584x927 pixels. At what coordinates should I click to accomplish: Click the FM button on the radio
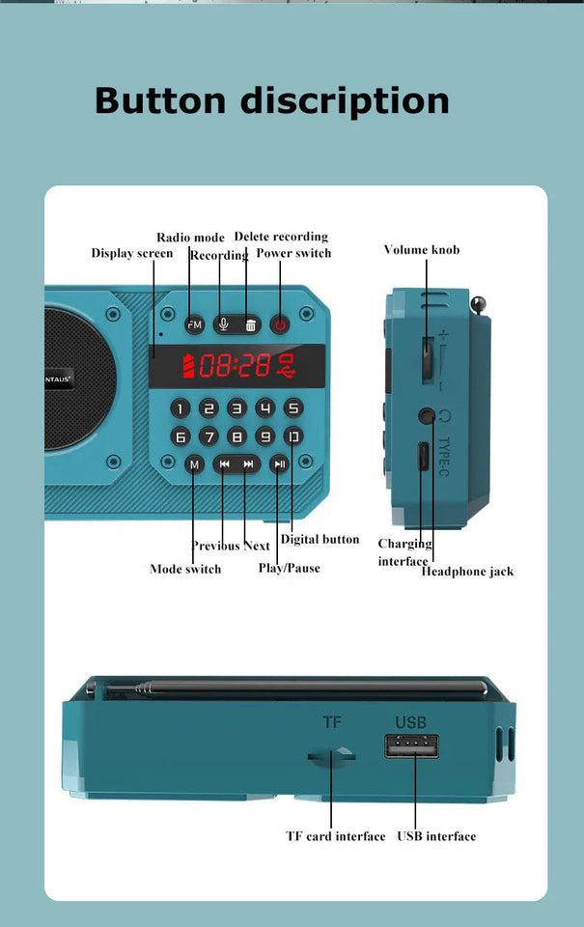[195, 324]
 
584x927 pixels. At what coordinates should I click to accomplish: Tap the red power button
[280, 324]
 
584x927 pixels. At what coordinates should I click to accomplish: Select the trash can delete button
[250, 324]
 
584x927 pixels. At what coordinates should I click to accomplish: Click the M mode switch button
[194, 464]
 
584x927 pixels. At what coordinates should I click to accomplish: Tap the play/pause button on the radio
[279, 464]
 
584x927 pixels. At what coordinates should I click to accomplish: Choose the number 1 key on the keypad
[180, 408]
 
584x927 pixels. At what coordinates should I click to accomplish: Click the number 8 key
[236, 436]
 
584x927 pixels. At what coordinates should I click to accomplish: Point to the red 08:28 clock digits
[235, 366]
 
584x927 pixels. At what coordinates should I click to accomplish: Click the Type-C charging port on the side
[424, 456]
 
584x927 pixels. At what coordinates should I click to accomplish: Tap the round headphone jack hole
[426, 416]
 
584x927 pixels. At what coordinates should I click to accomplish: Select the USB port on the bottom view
[412, 745]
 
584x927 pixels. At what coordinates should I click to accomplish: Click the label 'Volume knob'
[422, 250]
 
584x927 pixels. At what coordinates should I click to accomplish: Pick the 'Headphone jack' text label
[467, 572]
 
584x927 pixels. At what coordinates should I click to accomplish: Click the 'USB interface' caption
[436, 836]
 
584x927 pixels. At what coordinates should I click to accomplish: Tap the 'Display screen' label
[132, 254]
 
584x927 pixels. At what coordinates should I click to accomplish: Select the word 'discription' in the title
[344, 100]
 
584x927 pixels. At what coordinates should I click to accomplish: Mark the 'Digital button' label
[320, 540]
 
